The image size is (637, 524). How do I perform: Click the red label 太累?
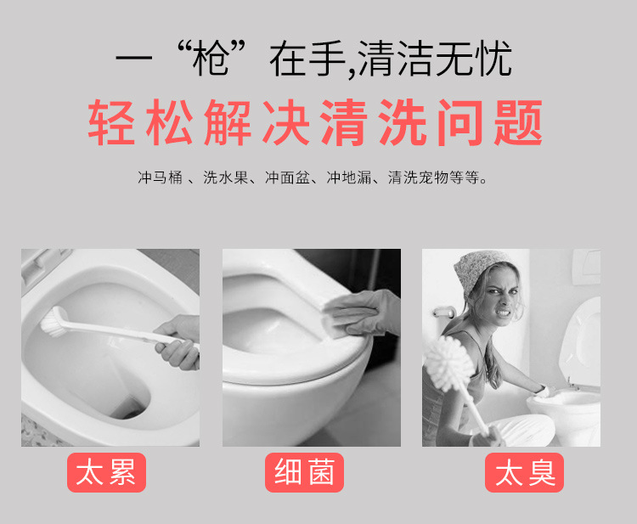[106, 472]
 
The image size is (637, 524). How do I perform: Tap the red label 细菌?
[304, 472]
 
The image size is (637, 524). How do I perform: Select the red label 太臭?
[525, 472]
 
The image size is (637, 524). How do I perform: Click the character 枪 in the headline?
[211, 59]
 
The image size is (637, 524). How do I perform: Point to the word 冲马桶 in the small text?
[160, 177]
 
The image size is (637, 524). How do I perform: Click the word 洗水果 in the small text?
[225, 177]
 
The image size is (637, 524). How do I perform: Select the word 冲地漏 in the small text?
[349, 177]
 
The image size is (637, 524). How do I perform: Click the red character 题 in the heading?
[518, 122]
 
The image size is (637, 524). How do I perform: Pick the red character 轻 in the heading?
[112, 122]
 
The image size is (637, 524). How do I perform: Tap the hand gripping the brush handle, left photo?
[178, 342]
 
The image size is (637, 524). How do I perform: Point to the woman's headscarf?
[481, 271]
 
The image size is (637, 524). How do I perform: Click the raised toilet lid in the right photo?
[581, 341]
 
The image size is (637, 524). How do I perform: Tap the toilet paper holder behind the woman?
[443, 313]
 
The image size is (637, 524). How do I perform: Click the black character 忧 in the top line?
[494, 59]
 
